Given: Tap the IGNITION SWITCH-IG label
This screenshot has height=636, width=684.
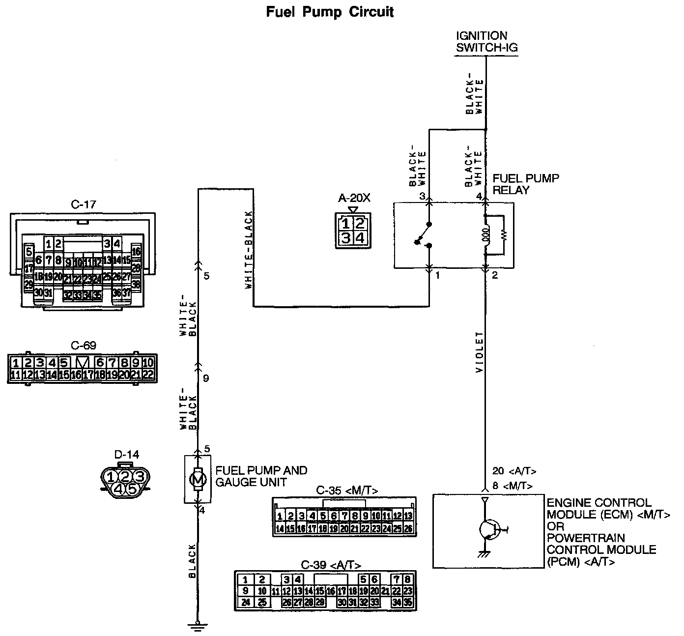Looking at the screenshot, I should [486, 42].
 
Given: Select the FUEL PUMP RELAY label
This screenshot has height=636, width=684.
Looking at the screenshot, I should [526, 184].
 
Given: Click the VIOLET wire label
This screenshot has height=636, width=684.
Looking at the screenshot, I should [480, 352].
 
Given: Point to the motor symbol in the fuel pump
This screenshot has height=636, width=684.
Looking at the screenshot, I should [198, 479].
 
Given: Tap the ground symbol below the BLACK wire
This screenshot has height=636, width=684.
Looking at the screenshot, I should [198, 627].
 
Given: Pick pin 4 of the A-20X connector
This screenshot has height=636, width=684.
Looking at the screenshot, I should [360, 238].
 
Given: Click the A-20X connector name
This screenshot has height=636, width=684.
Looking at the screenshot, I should [353, 198].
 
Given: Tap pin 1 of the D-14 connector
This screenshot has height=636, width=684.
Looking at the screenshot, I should [112, 476].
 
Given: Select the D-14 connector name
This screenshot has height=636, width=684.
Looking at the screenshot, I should [126, 455].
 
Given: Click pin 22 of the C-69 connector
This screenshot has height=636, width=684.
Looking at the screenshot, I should [148, 375].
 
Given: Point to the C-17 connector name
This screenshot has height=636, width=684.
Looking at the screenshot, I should [83, 204].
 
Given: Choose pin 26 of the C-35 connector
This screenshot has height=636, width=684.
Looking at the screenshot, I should [408, 529].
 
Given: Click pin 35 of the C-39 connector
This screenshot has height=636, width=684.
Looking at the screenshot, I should [408, 602].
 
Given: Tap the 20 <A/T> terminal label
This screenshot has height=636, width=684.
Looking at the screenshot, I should [514, 471].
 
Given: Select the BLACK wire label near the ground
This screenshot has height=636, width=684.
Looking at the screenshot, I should [192, 560].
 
